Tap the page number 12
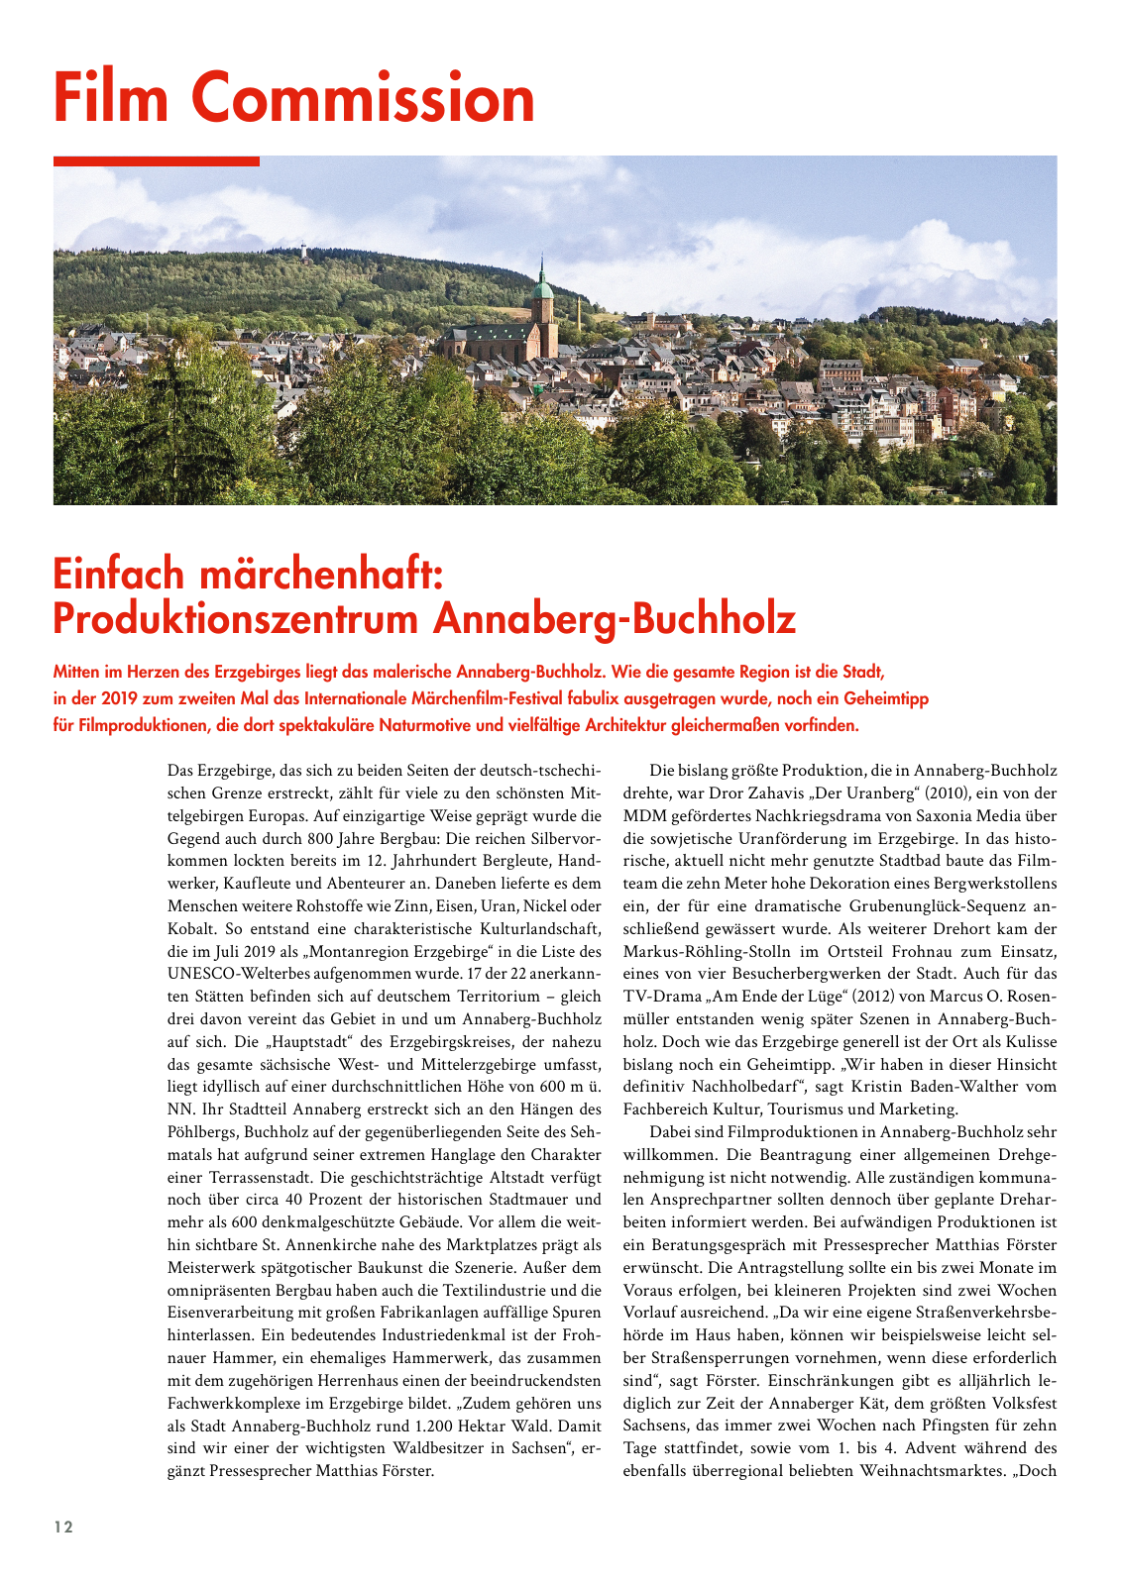63,1527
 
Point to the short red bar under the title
157,160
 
